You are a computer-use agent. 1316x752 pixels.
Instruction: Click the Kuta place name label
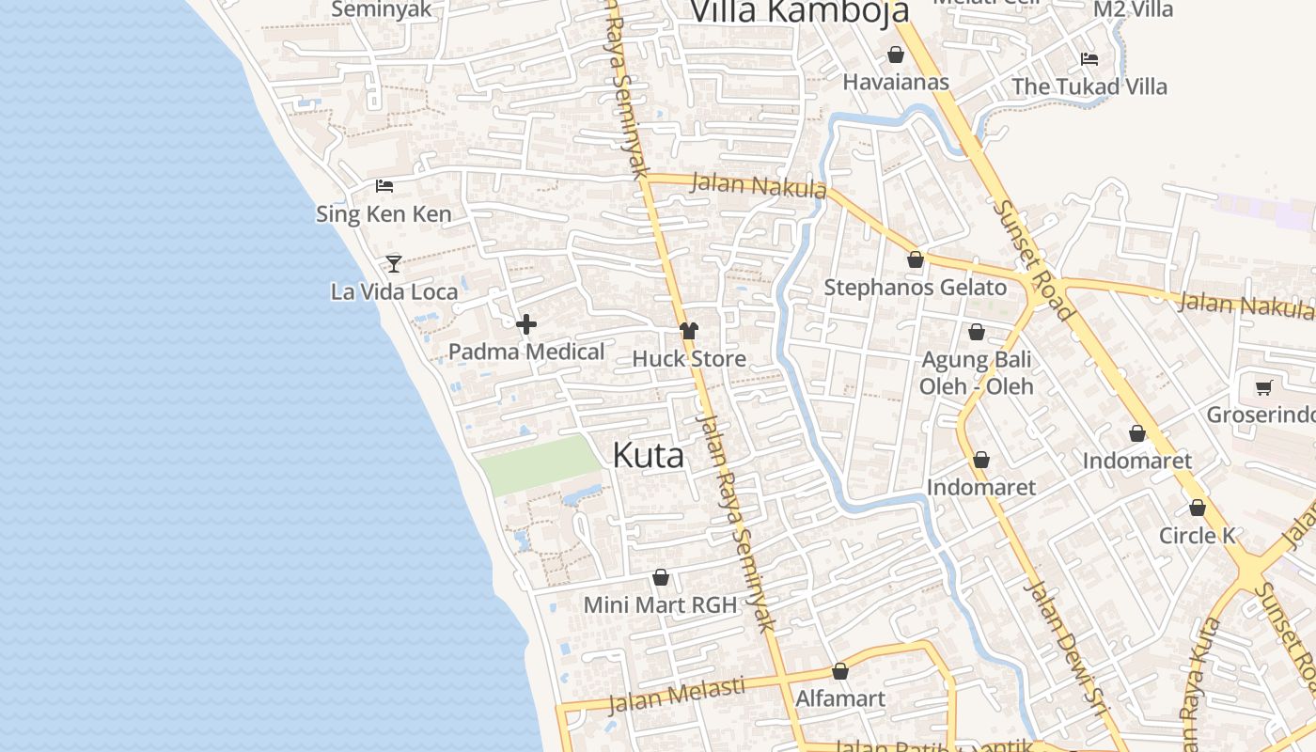click(648, 455)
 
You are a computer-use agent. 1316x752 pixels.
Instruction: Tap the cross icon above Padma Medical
click(526, 324)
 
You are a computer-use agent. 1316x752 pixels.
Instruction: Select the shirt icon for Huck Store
click(689, 330)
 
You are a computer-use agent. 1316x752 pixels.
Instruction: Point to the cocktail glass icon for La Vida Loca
click(394, 263)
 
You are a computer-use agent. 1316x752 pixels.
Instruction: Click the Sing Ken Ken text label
click(384, 214)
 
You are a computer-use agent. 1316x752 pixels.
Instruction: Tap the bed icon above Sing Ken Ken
click(384, 185)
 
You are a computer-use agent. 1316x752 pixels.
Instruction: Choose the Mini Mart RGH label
click(660, 604)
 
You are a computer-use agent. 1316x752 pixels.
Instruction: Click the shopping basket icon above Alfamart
click(840, 671)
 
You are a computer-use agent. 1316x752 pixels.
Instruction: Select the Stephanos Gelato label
click(915, 288)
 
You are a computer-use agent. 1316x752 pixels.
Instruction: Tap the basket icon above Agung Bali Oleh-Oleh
click(976, 332)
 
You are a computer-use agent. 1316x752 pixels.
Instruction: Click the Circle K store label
click(1197, 536)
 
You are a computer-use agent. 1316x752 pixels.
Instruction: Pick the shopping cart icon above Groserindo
click(1263, 387)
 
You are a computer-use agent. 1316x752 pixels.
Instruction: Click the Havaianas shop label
click(896, 83)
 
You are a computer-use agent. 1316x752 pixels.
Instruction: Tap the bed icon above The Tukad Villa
click(1089, 58)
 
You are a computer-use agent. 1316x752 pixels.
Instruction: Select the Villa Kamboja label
click(799, 11)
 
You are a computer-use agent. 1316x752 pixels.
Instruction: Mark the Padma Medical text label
click(526, 352)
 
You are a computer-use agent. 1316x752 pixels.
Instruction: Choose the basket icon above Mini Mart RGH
click(661, 577)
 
